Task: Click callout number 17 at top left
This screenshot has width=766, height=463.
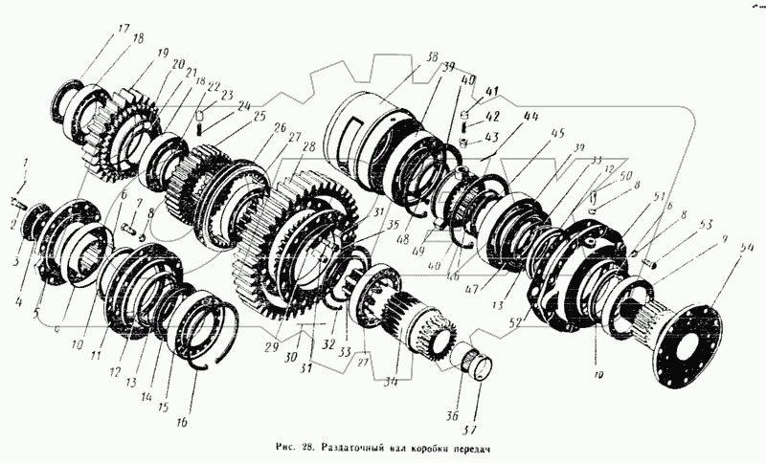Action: pyautogui.click(x=124, y=29)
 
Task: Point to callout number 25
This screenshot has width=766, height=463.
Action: pyautogui.click(x=259, y=116)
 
